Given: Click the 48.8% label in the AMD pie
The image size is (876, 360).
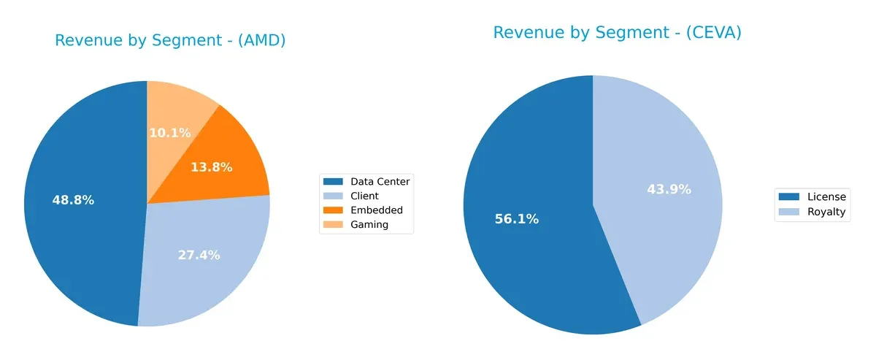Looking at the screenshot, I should click(73, 200).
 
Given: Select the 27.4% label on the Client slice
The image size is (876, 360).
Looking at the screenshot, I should click(199, 255).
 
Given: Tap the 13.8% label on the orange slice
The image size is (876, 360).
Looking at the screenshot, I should click(211, 167).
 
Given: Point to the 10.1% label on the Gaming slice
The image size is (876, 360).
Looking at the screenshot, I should click(169, 133).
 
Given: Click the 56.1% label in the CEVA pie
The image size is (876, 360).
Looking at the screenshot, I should click(518, 219).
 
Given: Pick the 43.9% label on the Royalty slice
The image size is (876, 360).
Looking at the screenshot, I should click(669, 189).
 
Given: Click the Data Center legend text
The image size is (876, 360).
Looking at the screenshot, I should click(380, 182).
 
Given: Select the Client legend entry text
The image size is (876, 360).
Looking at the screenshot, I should click(364, 196).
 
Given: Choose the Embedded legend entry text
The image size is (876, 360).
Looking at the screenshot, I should click(376, 210).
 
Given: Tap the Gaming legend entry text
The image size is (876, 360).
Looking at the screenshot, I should click(369, 225).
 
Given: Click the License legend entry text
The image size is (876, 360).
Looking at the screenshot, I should click(826, 196).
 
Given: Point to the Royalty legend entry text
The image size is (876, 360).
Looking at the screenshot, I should click(826, 212).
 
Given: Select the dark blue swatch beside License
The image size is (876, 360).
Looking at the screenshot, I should click(789, 196).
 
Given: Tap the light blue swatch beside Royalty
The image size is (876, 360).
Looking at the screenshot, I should click(789, 212).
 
